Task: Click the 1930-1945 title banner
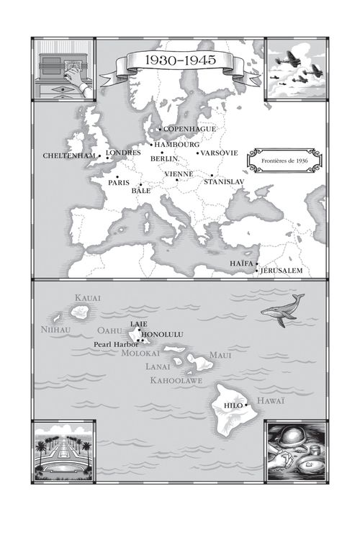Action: (171, 62)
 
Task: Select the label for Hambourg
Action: (176, 144)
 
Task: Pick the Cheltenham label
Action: (68, 156)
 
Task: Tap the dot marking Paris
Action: (118, 176)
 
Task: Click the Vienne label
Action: (179, 174)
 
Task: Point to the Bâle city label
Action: (140, 192)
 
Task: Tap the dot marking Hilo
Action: (246, 405)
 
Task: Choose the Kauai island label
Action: (88, 297)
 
